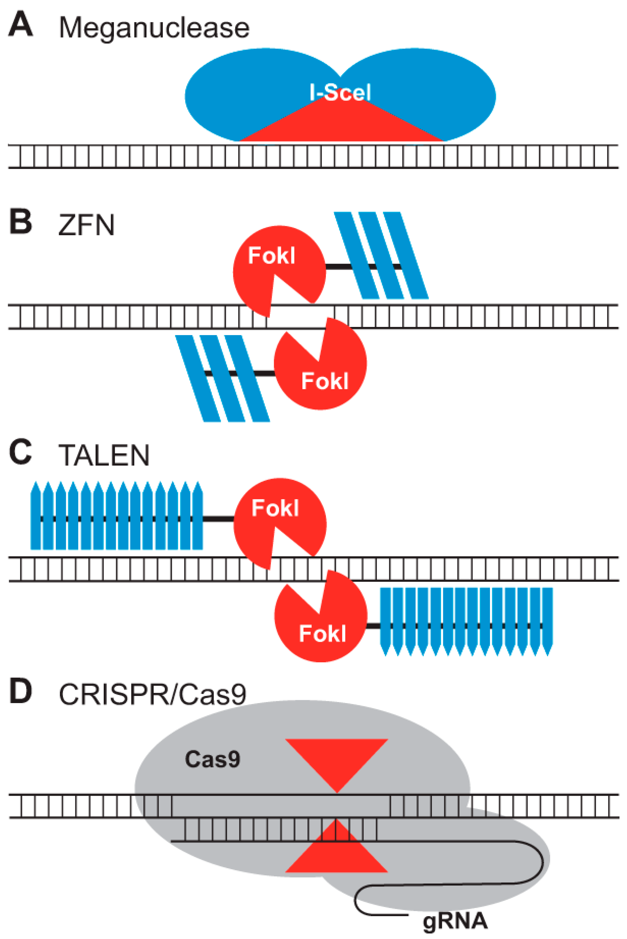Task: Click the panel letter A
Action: click(x=21, y=24)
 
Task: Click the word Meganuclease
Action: click(x=154, y=28)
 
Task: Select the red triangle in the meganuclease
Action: click(x=340, y=124)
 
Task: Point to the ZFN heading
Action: click(x=86, y=225)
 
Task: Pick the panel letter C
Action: click(x=21, y=452)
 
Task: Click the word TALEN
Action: click(x=104, y=455)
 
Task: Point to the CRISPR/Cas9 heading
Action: click(x=152, y=695)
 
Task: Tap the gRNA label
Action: click(x=455, y=921)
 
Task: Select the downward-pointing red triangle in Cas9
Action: click(x=337, y=758)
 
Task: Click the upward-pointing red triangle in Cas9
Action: click(x=337, y=856)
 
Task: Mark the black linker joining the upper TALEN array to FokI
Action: click(x=218, y=519)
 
